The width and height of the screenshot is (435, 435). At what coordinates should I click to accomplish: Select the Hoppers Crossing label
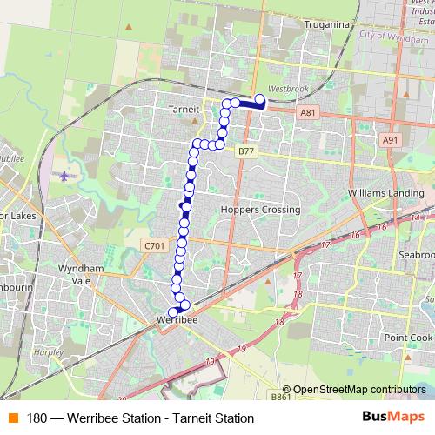pos(261,210)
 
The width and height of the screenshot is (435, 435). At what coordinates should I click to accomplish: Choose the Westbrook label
pos(289,89)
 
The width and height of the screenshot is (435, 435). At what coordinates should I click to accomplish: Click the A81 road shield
pos(307,112)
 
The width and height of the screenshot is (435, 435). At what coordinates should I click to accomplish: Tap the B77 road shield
pos(246,151)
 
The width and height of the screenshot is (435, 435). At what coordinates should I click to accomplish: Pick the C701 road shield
pos(155,246)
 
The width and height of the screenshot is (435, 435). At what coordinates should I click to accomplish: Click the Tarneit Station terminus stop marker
pos(259,98)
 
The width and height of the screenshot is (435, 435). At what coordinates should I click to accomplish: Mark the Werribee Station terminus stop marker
pos(172,311)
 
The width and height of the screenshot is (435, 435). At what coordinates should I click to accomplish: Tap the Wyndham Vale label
pos(81,276)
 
